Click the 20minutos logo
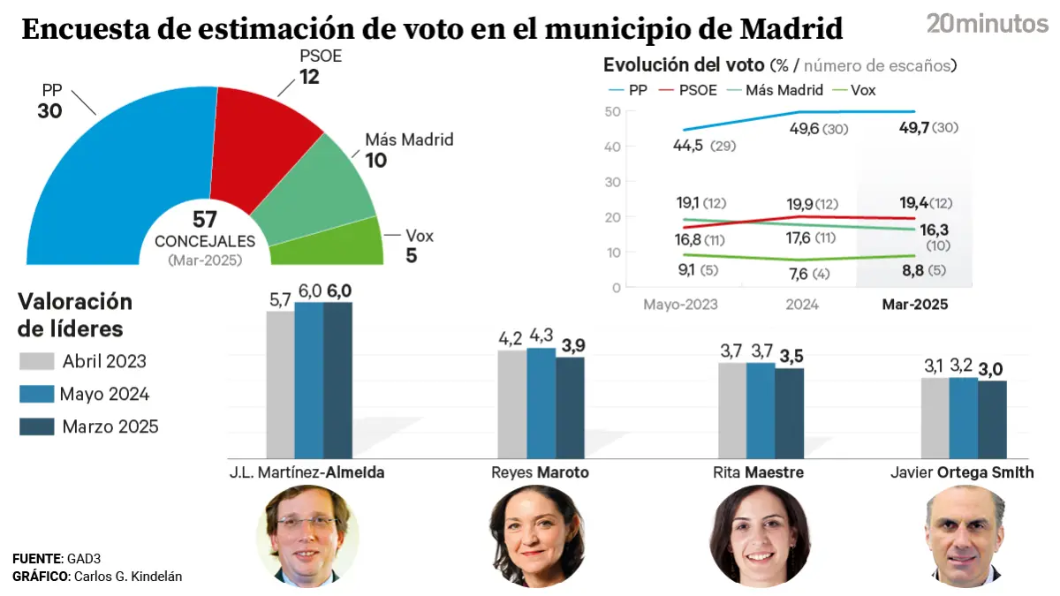tap(987, 24)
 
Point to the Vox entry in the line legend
tap(861, 90)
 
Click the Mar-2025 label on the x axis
tap(915, 305)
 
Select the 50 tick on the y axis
tap(612, 111)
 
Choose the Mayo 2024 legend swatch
tap(36, 394)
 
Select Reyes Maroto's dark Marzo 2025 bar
tap(570, 407)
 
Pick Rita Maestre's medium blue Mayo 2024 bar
tap(761, 411)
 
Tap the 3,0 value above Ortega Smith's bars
tap(993, 370)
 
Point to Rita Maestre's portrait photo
tap(761, 534)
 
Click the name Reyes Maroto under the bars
tap(540, 472)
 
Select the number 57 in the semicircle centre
tap(205, 221)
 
